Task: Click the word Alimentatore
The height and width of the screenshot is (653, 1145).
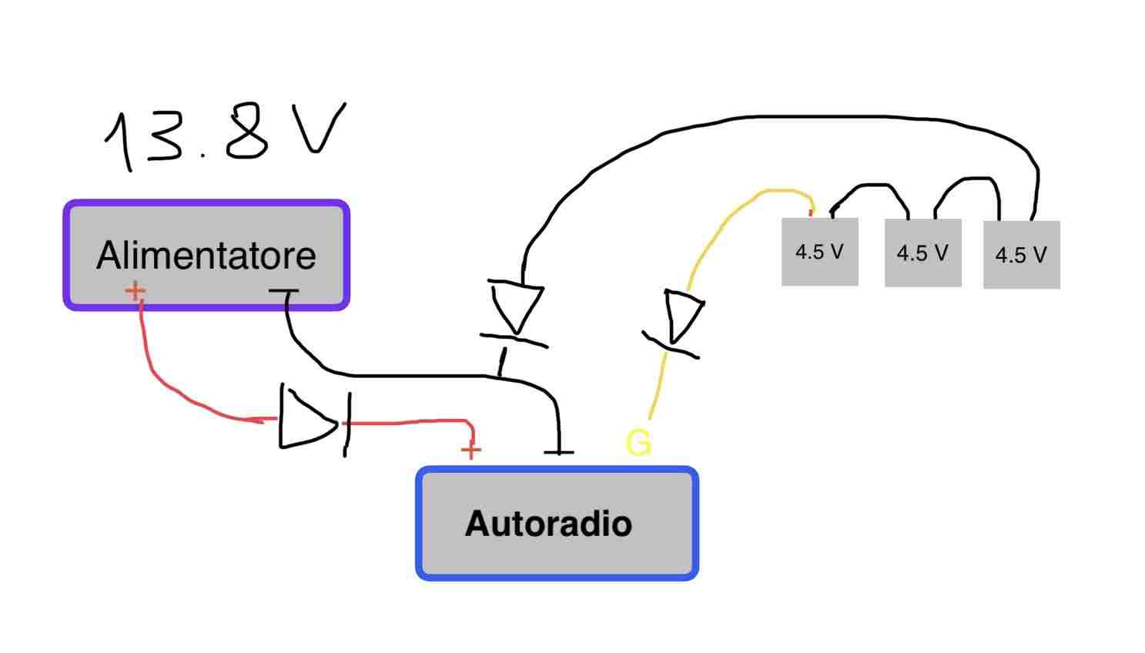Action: click(206, 256)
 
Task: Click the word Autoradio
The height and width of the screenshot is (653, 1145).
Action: click(548, 524)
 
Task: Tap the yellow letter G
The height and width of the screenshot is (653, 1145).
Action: click(638, 443)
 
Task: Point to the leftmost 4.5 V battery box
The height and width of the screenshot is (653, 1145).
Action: click(819, 252)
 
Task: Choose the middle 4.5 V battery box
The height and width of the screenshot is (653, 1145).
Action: click(922, 253)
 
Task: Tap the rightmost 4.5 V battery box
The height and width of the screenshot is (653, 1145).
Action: click(1021, 255)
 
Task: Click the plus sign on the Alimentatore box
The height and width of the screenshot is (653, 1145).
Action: click(135, 291)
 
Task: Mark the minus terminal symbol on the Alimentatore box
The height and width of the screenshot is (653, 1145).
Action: click(283, 291)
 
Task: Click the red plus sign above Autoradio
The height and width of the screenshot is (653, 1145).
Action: click(470, 450)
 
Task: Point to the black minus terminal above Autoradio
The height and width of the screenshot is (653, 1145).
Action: click(558, 450)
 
